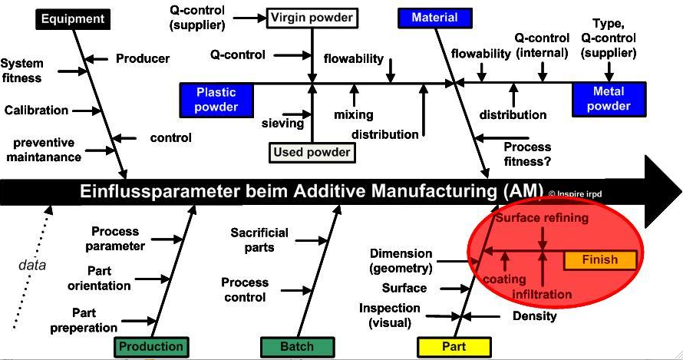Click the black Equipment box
click(73, 19)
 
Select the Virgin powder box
click(312, 18)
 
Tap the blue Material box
click(434, 18)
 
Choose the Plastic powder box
click(216, 100)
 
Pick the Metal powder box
click(609, 99)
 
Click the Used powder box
click(312, 153)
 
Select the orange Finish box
click(600, 259)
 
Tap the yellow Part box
click(454, 347)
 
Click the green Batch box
click(297, 347)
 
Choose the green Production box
click(151, 347)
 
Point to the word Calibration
click(36, 111)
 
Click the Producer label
click(143, 58)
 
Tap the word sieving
click(282, 124)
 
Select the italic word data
click(32, 265)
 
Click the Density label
click(534, 316)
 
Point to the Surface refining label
click(543, 217)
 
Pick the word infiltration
click(542, 294)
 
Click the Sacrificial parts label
click(259, 240)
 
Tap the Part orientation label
click(99, 279)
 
